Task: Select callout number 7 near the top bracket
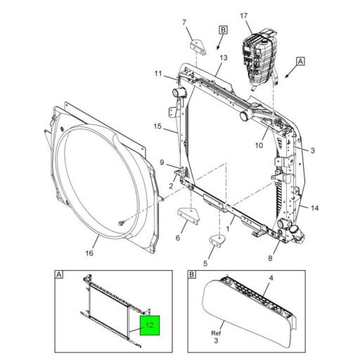tap(186, 24)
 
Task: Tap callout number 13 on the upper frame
tap(223, 58)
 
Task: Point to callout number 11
tap(159, 74)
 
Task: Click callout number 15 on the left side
tap(157, 127)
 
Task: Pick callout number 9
tap(161, 162)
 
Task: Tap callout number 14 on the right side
tap(314, 208)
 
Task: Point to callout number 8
tap(271, 258)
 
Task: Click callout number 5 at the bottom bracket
tap(205, 264)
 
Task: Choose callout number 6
tap(176, 238)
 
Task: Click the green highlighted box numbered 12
tap(149, 326)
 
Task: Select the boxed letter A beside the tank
tap(300, 62)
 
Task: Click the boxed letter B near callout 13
tap(223, 30)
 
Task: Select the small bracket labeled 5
tap(217, 239)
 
